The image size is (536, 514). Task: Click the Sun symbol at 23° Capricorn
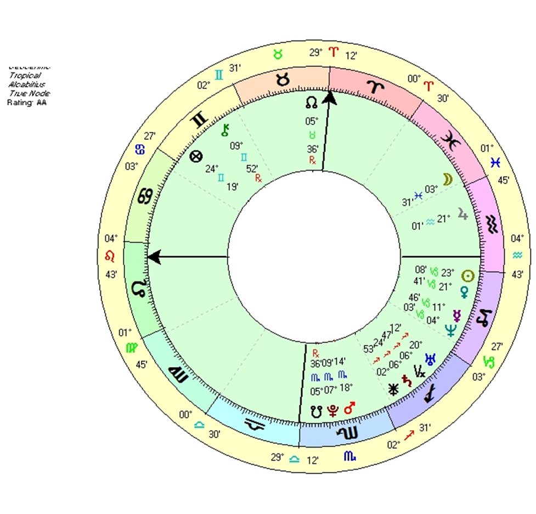[x=468, y=275]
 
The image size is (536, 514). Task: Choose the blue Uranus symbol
[x=433, y=358]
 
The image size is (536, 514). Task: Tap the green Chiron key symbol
[x=224, y=131]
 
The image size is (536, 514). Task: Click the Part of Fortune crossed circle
[x=195, y=156]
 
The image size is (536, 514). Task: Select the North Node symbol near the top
[x=311, y=103]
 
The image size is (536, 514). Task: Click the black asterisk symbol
[x=393, y=389]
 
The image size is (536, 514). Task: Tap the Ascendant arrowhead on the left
[x=154, y=256]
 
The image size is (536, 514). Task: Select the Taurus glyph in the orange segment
[x=283, y=81]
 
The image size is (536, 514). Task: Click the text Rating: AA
[x=26, y=102]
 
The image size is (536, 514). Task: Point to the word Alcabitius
[x=26, y=84]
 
